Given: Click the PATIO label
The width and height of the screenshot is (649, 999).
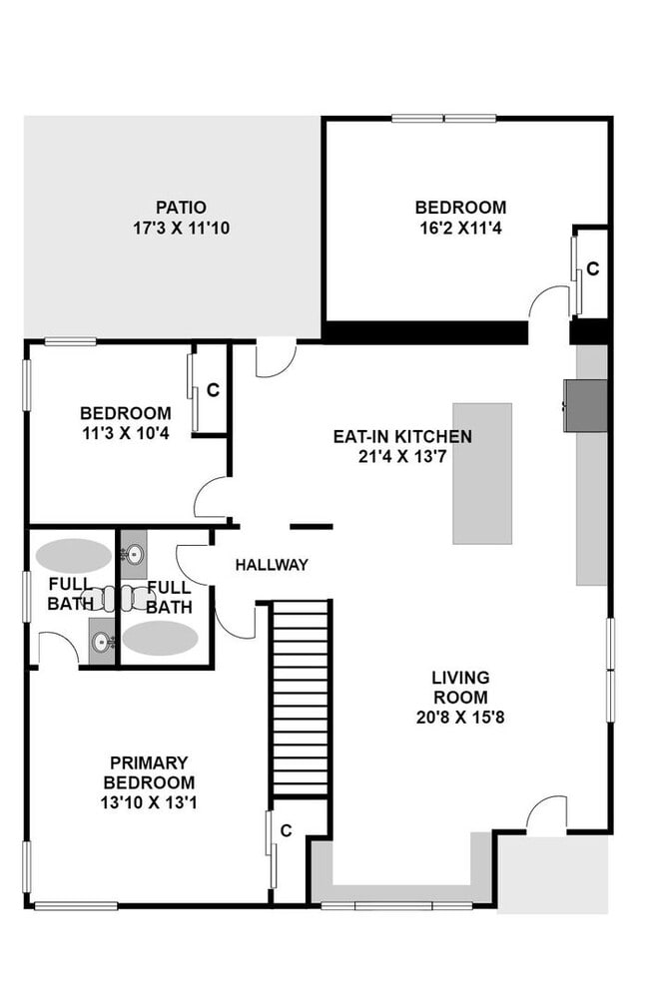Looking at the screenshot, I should click(181, 208).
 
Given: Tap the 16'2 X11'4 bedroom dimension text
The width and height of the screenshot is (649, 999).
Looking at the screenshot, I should click(460, 228).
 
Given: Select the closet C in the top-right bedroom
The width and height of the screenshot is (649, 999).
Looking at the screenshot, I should click(592, 268).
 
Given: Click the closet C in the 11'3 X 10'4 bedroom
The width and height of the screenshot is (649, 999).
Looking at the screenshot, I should click(213, 390).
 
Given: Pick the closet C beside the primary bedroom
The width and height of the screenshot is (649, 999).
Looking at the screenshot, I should click(286, 829).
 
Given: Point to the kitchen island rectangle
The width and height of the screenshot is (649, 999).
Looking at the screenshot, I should click(482, 473).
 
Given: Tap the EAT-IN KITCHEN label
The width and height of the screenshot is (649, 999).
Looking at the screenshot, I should click(402, 436).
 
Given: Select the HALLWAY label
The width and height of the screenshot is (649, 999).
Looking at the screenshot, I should click(272, 565).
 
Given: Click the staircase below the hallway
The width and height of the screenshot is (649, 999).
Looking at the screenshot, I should click(301, 698).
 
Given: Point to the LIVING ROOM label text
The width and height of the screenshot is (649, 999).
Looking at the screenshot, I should click(460, 688).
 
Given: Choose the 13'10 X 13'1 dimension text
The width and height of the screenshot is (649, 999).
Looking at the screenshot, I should click(149, 802).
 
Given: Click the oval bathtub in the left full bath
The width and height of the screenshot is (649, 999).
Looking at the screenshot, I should click(74, 555).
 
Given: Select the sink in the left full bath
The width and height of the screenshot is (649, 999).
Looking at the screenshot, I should click(102, 641).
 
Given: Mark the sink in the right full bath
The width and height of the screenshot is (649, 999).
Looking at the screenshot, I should click(134, 551).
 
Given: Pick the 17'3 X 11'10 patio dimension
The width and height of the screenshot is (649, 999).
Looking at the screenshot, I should click(181, 228).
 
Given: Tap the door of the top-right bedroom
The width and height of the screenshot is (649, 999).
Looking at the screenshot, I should click(549, 302).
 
